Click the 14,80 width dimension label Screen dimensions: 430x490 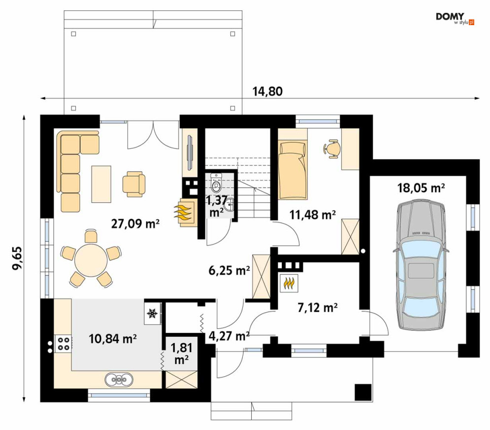click(267, 91)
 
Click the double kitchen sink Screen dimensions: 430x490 click(119, 379)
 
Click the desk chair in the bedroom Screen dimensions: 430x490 click(333, 148)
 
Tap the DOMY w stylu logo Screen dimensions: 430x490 click(455, 18)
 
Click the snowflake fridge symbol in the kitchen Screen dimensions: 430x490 click(152, 313)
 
